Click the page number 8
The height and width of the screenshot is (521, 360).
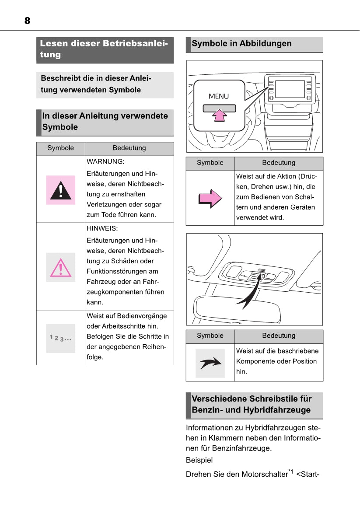[27, 21]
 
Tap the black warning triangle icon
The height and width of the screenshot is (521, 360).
[61, 190]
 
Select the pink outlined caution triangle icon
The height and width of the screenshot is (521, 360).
[61, 267]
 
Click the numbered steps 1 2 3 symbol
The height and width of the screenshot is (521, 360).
[61, 338]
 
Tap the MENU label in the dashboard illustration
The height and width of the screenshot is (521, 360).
[218, 96]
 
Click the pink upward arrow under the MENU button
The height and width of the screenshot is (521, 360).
[219, 115]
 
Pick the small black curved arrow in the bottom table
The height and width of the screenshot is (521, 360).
[210, 363]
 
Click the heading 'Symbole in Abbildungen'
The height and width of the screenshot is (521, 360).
[241, 44]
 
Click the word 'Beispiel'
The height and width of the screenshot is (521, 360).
[199, 461]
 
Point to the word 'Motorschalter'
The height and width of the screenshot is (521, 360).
[265, 474]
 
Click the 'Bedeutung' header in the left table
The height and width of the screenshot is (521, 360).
[129, 148]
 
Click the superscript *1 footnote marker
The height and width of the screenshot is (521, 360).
[291, 472]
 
